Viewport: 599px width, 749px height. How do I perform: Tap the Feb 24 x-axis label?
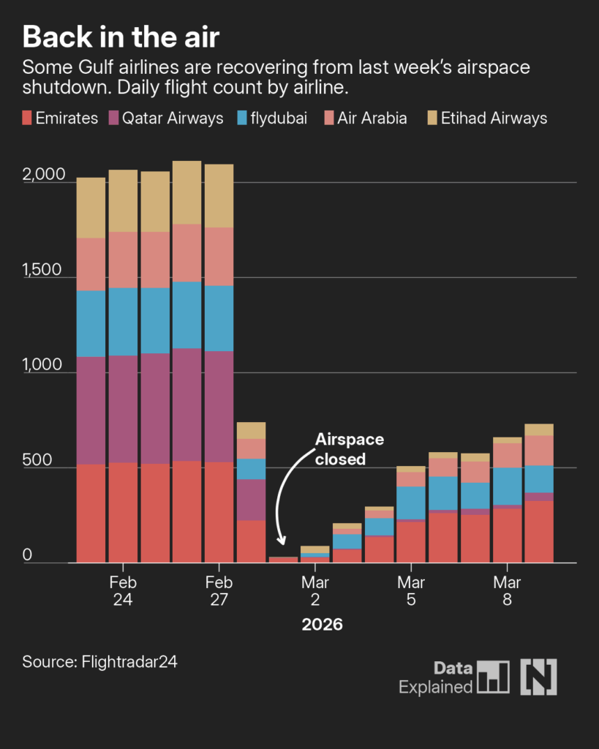(x=123, y=590)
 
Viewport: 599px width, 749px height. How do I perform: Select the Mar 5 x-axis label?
(x=411, y=590)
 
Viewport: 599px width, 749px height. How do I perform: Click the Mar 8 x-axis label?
(x=507, y=590)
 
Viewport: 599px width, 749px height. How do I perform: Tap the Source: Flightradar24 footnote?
(x=100, y=662)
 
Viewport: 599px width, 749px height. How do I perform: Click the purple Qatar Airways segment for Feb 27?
(x=219, y=406)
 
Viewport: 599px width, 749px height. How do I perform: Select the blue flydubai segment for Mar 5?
(x=411, y=503)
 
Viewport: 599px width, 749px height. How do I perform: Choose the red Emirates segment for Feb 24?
(x=123, y=512)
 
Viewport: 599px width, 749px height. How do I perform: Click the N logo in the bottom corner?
(x=538, y=677)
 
